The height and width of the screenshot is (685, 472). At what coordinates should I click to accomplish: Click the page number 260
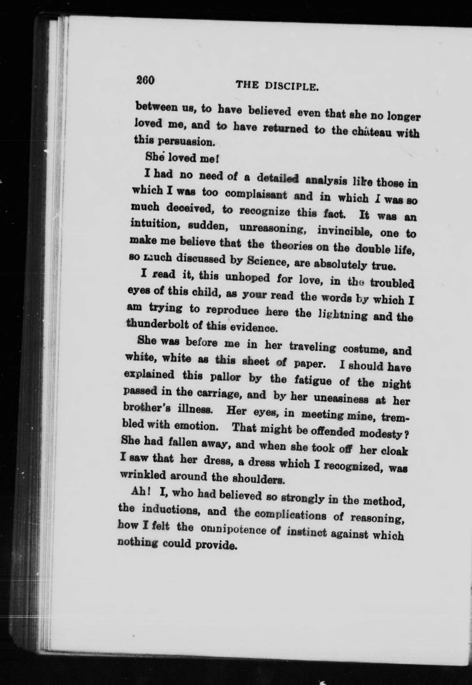[145, 80]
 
